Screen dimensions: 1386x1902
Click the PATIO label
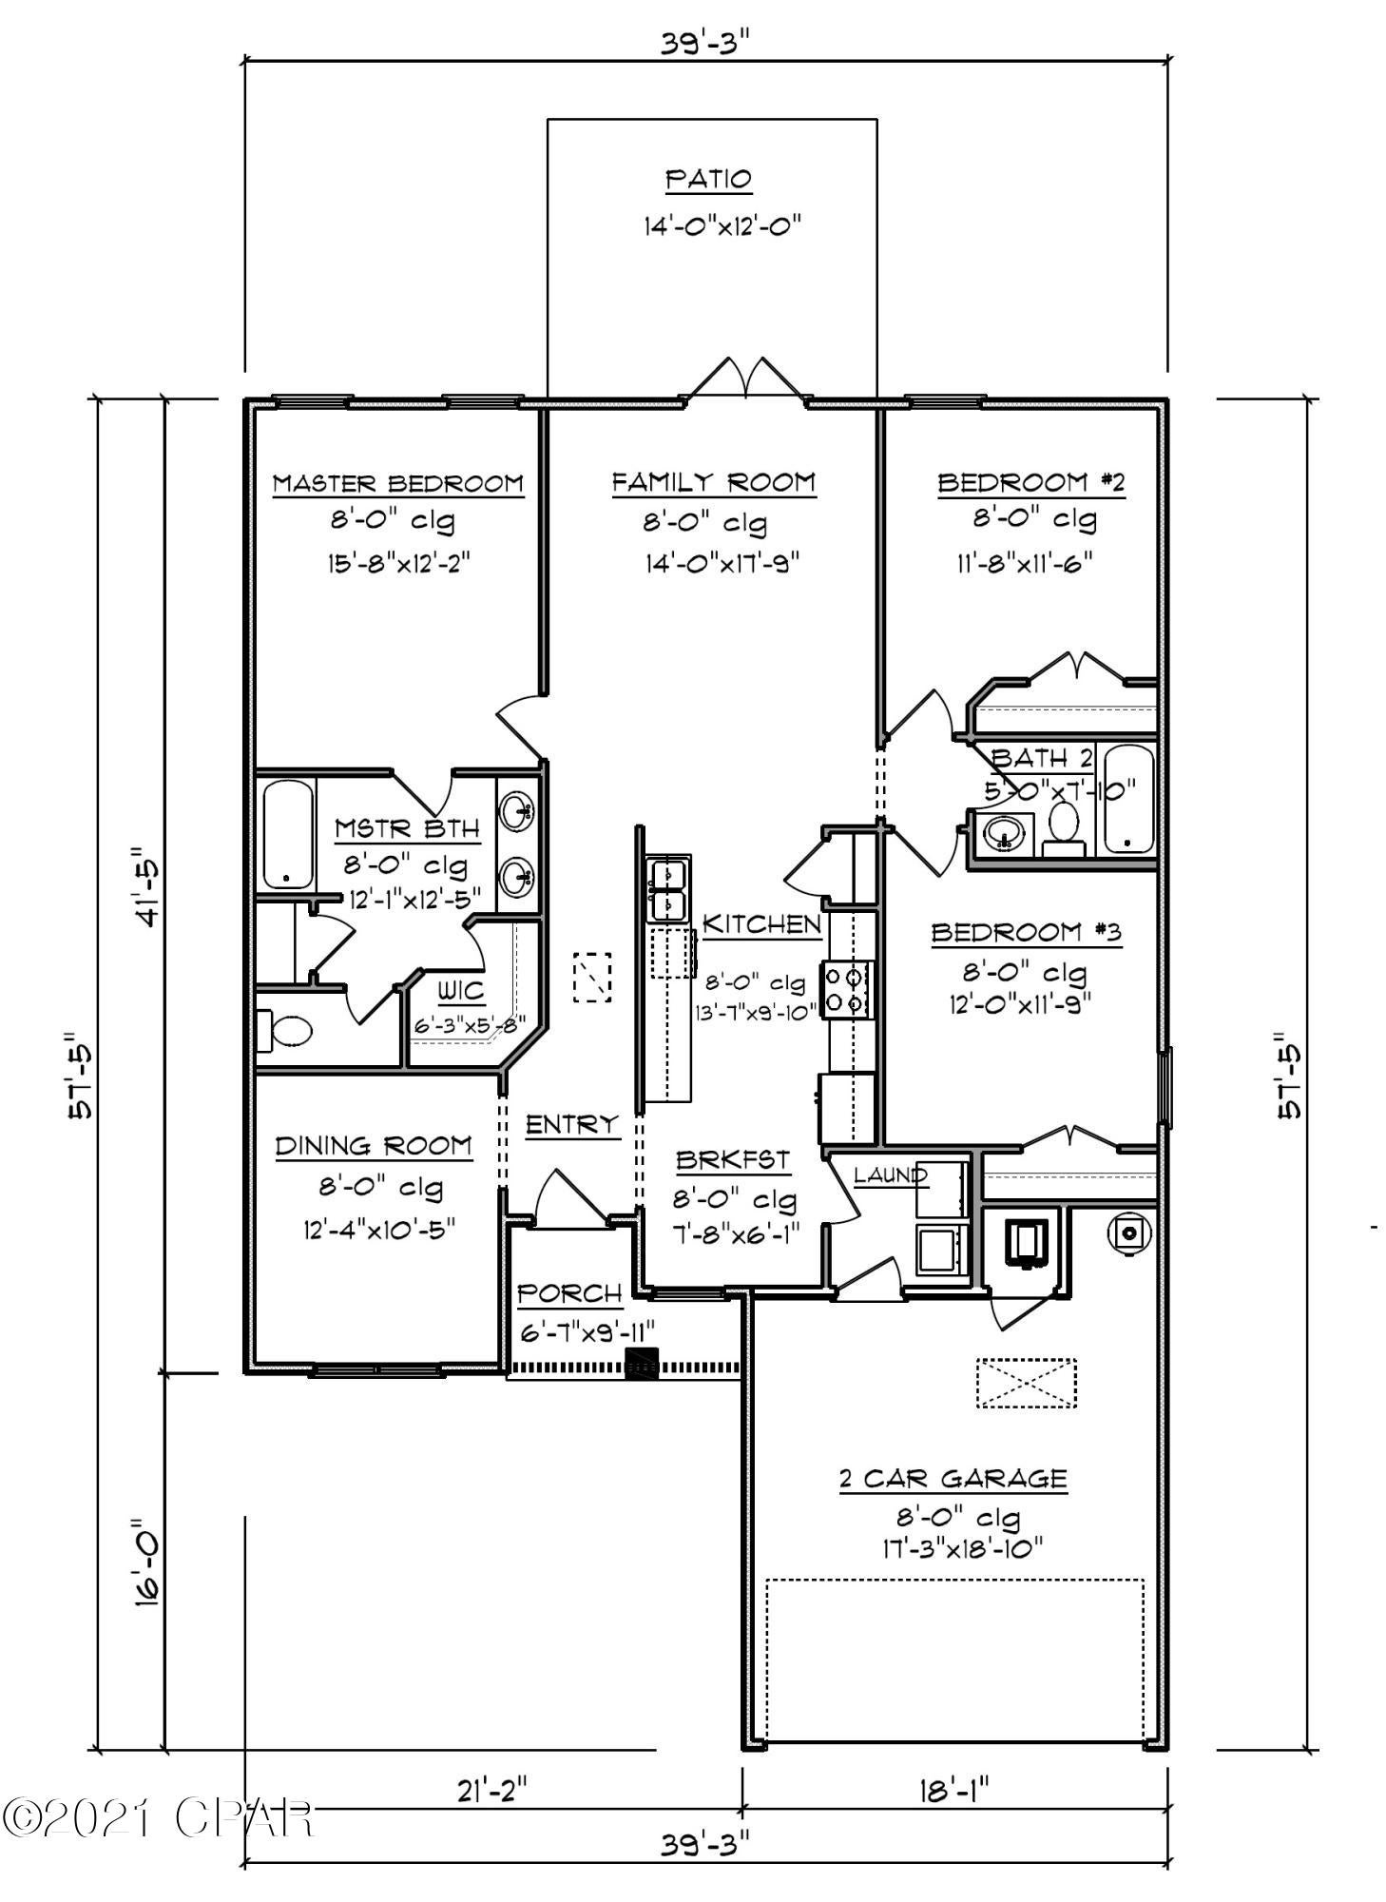point(708,179)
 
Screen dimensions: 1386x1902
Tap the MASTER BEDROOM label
point(398,483)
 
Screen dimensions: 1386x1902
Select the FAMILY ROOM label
point(713,483)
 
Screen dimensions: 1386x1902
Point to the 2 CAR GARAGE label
point(953,1479)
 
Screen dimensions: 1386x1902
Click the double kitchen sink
point(668,889)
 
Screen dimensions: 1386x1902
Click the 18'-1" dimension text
point(953,1792)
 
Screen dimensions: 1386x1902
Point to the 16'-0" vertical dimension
point(147,1563)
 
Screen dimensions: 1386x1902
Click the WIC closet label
point(461,992)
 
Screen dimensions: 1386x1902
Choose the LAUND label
point(890,1175)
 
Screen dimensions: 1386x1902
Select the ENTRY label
point(572,1124)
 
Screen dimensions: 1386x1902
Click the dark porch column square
point(641,1364)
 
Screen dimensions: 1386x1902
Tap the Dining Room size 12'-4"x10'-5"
point(379,1229)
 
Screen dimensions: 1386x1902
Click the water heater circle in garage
point(1130,1232)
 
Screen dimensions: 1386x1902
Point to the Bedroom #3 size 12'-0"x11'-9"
point(1020,1002)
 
